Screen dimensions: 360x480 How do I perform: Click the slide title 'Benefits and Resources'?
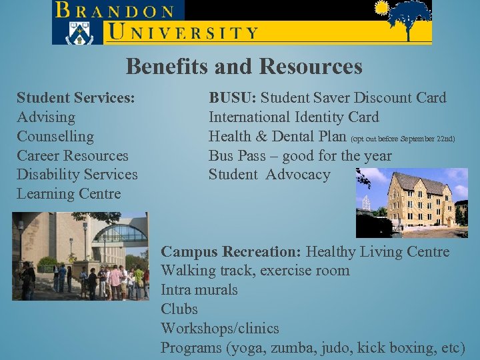tap(244, 67)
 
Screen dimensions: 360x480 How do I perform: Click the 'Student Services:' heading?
tap(76, 98)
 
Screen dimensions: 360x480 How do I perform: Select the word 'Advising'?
tap(46, 117)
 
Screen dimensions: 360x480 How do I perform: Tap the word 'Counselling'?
tap(55, 137)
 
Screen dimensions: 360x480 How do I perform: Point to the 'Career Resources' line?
tap(72, 156)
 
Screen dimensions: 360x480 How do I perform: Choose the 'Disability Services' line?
tap(77, 175)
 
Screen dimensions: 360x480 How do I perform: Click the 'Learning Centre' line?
tap(69, 194)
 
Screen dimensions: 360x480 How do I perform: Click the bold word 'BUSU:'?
tap(233, 98)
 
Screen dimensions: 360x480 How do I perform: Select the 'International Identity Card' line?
tap(293, 117)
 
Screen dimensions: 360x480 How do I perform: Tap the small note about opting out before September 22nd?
tap(403, 139)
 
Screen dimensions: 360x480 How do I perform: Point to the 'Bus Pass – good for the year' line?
tap(300, 156)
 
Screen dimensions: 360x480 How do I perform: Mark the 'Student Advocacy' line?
tap(269, 175)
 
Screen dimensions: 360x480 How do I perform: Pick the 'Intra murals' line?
tap(199, 290)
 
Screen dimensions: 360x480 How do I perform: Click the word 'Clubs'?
tap(179, 309)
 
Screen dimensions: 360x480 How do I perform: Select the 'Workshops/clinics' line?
tap(220, 329)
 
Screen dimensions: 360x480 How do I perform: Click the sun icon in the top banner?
tap(382, 9)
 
